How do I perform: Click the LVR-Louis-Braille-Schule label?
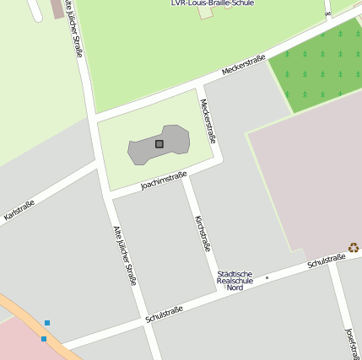212,3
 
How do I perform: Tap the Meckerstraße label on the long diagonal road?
243,65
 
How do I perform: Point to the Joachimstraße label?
163,181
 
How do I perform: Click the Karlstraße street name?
19,210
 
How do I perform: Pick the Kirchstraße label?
203,234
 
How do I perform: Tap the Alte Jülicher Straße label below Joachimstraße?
125,255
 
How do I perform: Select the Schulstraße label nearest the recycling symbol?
326,261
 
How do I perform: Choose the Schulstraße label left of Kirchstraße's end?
164,314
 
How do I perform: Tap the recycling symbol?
354,248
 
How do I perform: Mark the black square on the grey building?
159,144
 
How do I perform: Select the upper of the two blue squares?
47,323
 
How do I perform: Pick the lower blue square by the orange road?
44,339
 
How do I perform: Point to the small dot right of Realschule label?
267,277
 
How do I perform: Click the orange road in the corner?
21,317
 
